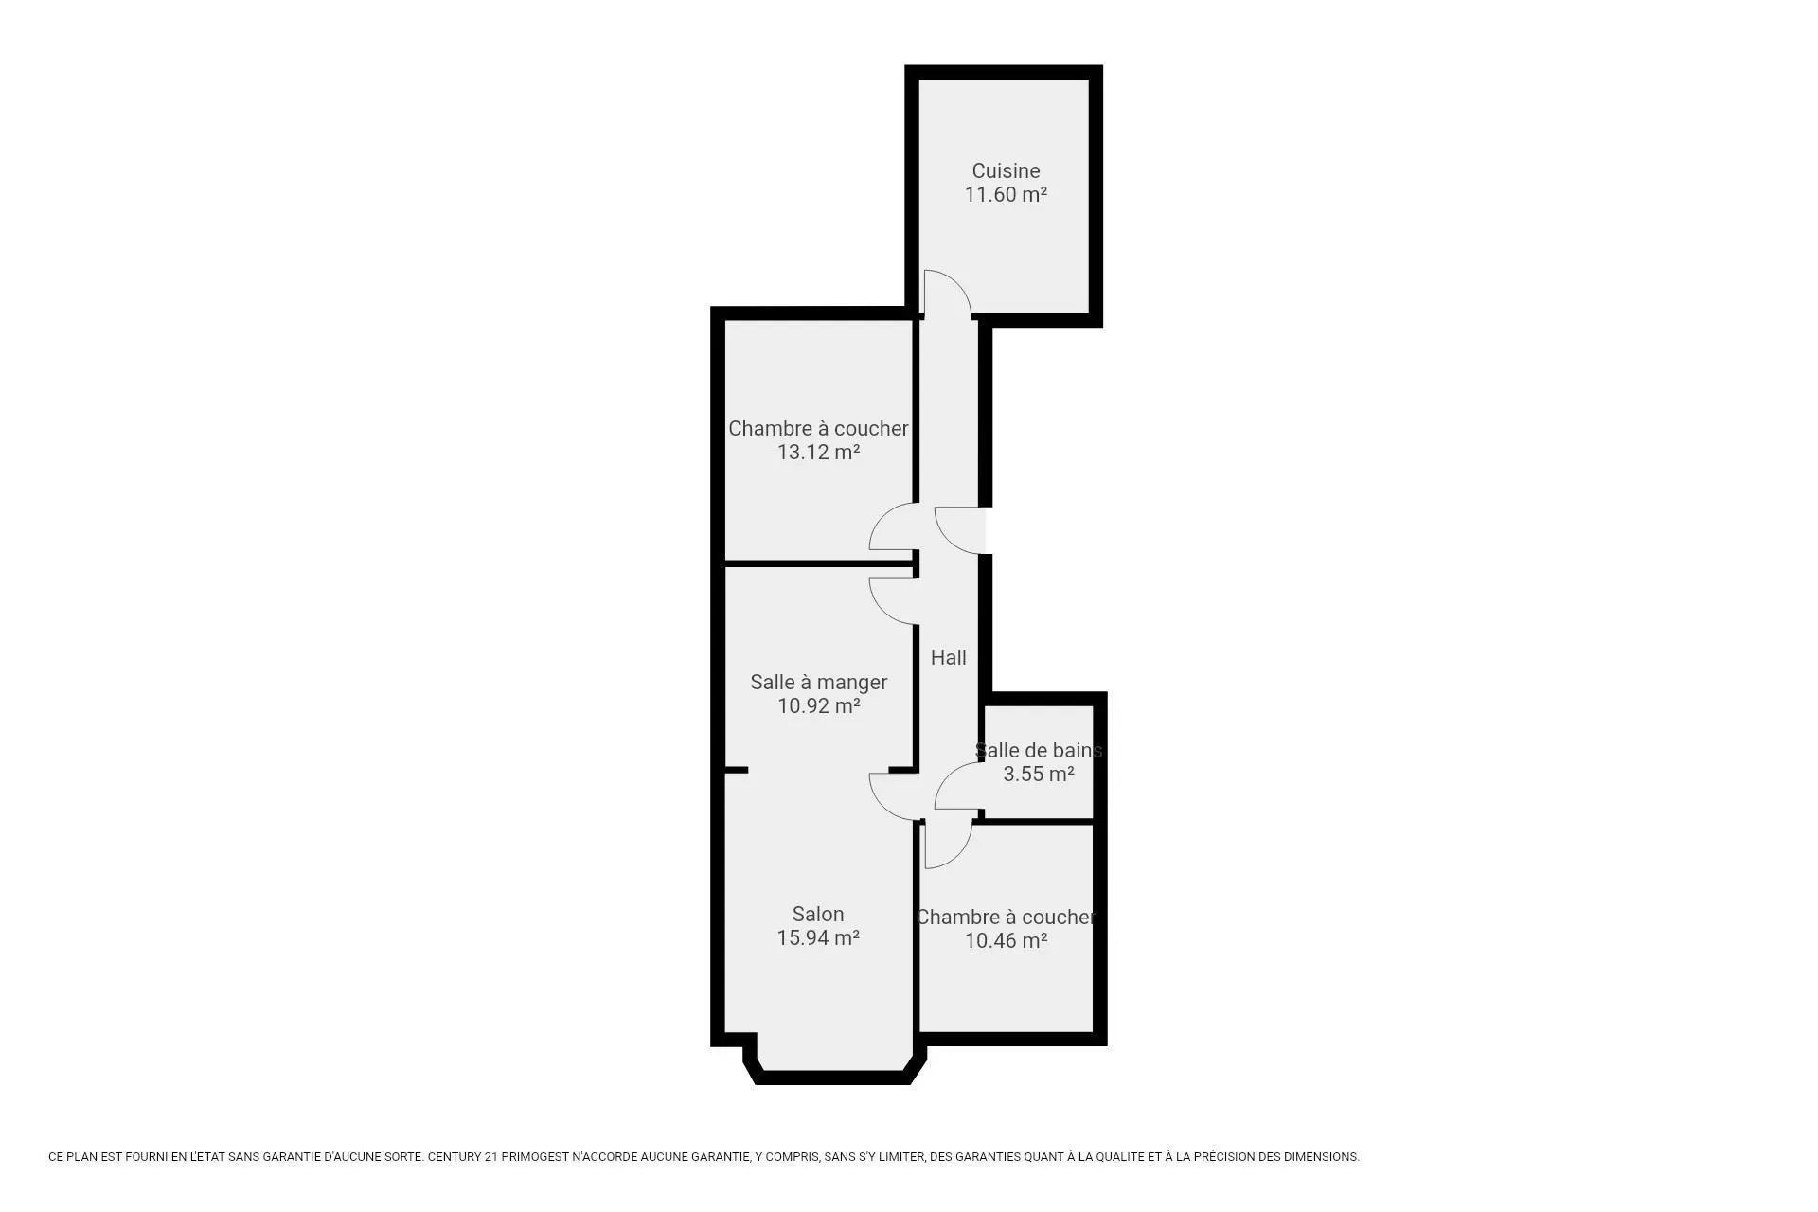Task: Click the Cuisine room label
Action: point(1006,171)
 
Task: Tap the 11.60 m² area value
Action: point(1006,195)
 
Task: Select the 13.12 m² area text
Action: point(818,453)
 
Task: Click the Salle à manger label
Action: point(818,683)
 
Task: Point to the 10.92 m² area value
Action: point(818,706)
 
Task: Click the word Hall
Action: point(948,658)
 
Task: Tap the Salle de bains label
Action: point(1039,751)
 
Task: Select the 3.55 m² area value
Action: point(1039,775)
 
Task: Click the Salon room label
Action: point(818,915)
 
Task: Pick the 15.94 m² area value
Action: point(818,938)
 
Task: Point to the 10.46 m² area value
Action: point(1006,941)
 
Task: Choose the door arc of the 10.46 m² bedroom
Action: point(959,856)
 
